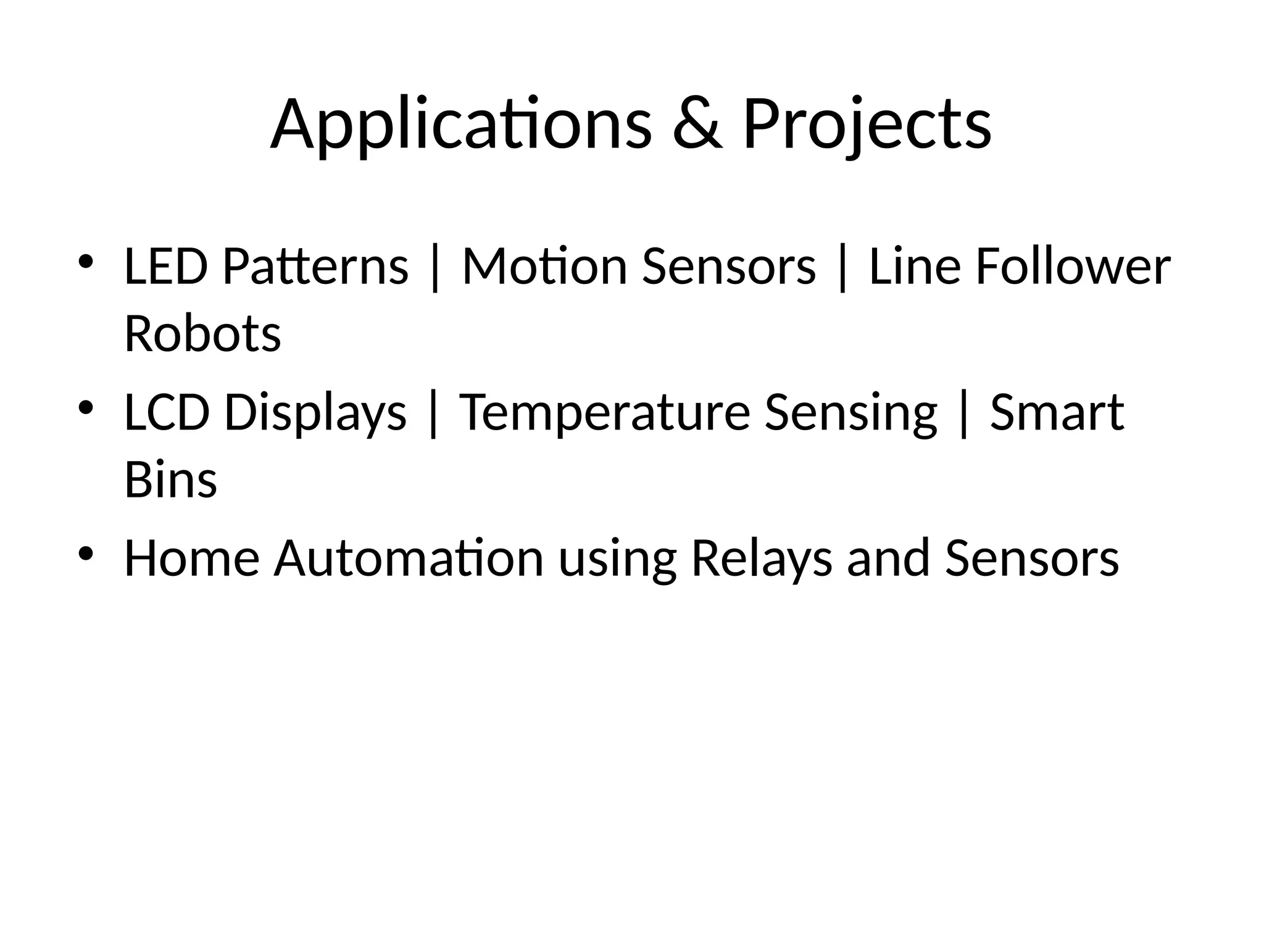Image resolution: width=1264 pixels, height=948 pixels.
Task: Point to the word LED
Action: tap(165, 267)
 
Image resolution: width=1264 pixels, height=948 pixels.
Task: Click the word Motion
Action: tap(544, 267)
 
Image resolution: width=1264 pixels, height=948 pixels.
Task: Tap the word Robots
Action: tap(202, 334)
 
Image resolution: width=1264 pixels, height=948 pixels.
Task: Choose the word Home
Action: tap(191, 558)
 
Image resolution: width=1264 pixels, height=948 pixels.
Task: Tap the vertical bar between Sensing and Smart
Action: tap(963, 414)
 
